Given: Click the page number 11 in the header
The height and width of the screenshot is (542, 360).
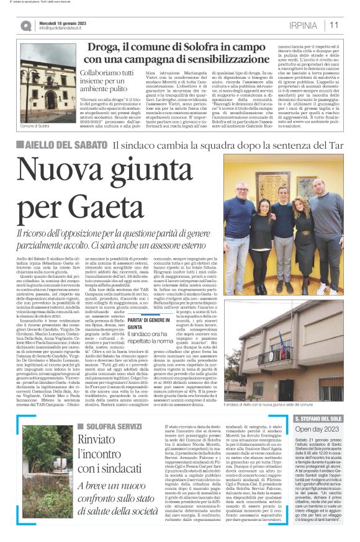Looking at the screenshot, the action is click(x=334, y=25).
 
